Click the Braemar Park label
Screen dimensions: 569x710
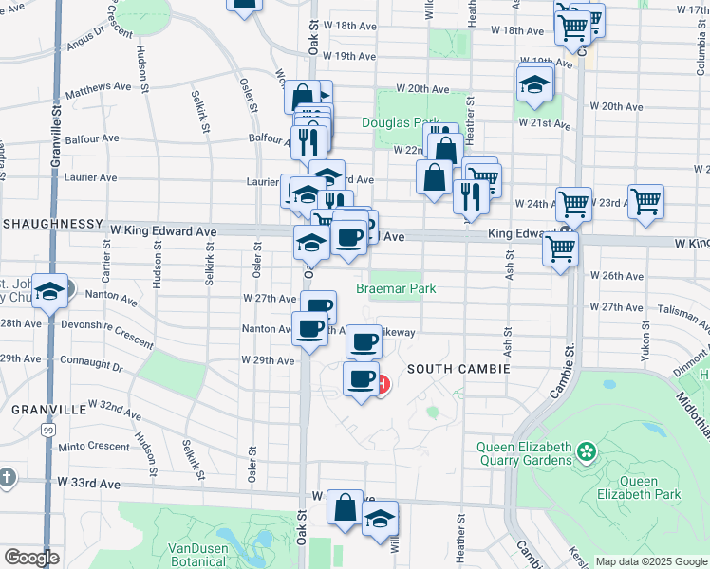click(396, 287)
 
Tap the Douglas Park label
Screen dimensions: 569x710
click(400, 123)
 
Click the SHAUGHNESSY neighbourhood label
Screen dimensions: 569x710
click(51, 223)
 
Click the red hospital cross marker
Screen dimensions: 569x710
click(383, 385)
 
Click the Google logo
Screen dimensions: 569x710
click(31, 558)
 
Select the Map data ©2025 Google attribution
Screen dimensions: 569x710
click(651, 561)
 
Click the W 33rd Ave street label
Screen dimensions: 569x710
click(88, 483)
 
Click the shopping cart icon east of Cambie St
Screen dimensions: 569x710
click(645, 200)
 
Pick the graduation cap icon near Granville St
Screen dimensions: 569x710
click(50, 292)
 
